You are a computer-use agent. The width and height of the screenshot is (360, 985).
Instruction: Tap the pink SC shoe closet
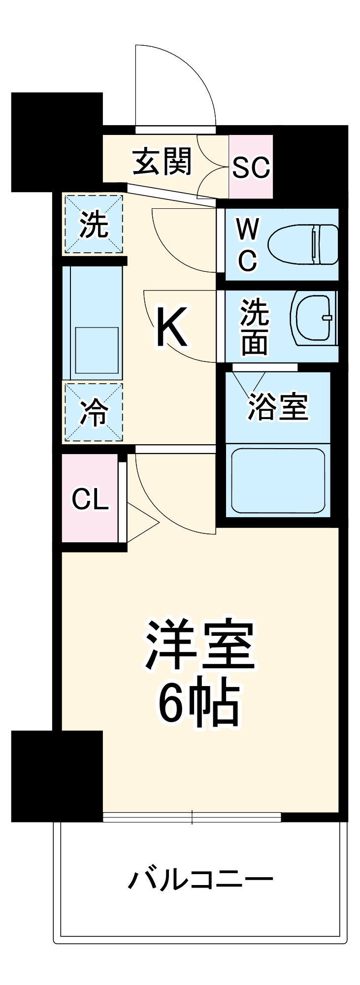(251, 167)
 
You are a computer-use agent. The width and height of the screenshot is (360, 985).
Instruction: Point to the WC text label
(247, 244)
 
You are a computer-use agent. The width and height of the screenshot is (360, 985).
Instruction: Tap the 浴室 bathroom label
(277, 407)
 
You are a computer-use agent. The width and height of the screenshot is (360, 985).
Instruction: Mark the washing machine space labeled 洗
(93, 224)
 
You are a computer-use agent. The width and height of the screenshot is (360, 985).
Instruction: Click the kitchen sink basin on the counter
(97, 350)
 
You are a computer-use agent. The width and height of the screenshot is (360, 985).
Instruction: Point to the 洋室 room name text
(199, 645)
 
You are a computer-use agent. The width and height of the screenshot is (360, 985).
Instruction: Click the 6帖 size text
(199, 703)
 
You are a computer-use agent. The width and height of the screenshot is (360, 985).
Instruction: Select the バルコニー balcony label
(200, 880)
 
